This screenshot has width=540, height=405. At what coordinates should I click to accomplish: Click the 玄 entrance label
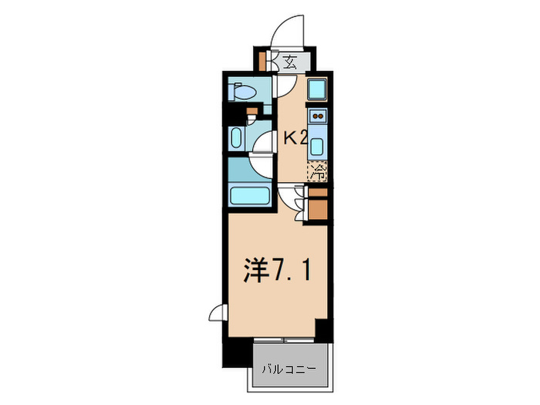(289, 62)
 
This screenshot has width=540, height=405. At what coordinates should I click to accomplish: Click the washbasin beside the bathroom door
(236, 140)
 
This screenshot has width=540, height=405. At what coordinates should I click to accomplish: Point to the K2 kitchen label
(296, 139)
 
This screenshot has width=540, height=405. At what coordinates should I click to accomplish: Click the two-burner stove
(317, 116)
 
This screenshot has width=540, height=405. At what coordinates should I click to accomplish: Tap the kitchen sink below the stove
(317, 144)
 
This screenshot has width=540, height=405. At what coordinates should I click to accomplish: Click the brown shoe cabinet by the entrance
(263, 61)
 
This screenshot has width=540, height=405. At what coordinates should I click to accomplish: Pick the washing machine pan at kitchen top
(317, 89)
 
